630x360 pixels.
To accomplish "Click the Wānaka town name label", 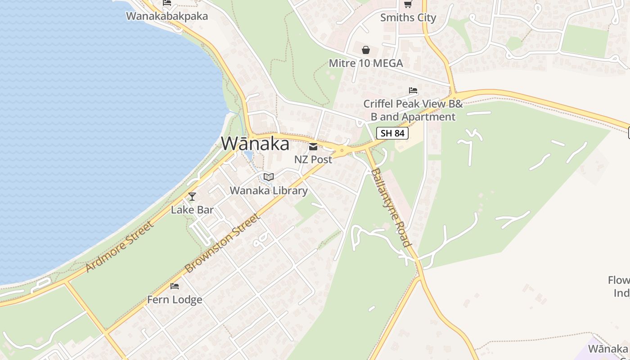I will pos(255,144).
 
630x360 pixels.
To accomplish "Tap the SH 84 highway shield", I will pos(392,133).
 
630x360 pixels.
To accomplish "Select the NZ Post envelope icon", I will pos(313,147).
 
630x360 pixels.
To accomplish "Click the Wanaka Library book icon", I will pos(269,177).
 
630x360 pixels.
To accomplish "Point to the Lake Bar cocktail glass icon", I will pos(192,197).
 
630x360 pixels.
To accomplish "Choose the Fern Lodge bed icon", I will pos(175,286).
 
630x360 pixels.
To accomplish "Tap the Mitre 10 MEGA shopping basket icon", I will pos(366,50).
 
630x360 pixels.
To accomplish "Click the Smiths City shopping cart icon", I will pos(408,4).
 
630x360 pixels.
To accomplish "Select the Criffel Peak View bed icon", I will pos(413,90).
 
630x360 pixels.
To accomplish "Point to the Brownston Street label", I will pos(222,243).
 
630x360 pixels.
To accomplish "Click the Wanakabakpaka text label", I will pos(167,16).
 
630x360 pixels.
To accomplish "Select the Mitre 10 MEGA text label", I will pos(366,63).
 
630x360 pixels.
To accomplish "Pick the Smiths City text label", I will pos(408,18).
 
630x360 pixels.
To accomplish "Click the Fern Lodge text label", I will pos(175,300).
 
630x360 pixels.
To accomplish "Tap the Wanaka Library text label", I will pos(269,191).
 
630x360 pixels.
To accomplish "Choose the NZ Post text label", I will pos(313,159).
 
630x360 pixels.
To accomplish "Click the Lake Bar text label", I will pos(192,210).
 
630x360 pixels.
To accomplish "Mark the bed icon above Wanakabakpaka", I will pos(167,3).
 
